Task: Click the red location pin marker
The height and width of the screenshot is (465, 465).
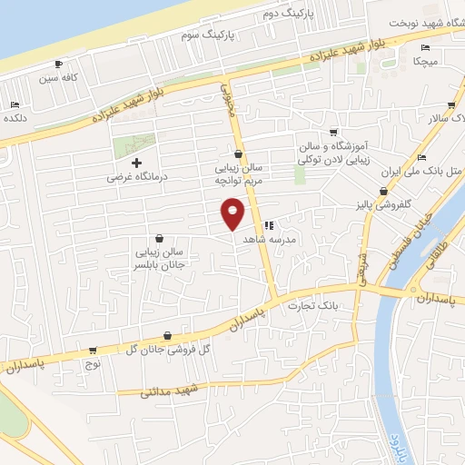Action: click(x=233, y=214)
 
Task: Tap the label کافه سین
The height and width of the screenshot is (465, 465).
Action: click(x=61, y=79)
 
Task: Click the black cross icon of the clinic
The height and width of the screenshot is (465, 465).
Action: click(x=136, y=163)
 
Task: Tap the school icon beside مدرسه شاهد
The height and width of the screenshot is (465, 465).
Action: click(x=268, y=225)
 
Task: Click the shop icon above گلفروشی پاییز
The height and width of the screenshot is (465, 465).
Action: click(x=384, y=192)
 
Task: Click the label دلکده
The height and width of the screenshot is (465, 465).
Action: click(x=17, y=118)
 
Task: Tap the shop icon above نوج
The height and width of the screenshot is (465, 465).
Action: click(x=93, y=350)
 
